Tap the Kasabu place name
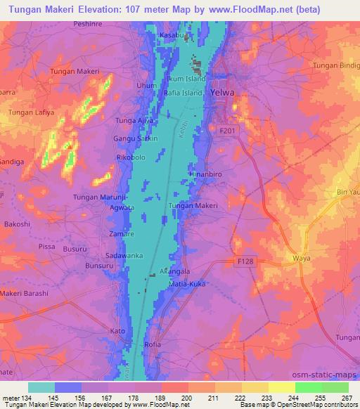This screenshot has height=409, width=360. click(x=172, y=35)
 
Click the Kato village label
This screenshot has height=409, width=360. click(x=118, y=330)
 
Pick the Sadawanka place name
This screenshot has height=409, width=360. click(x=124, y=256)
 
